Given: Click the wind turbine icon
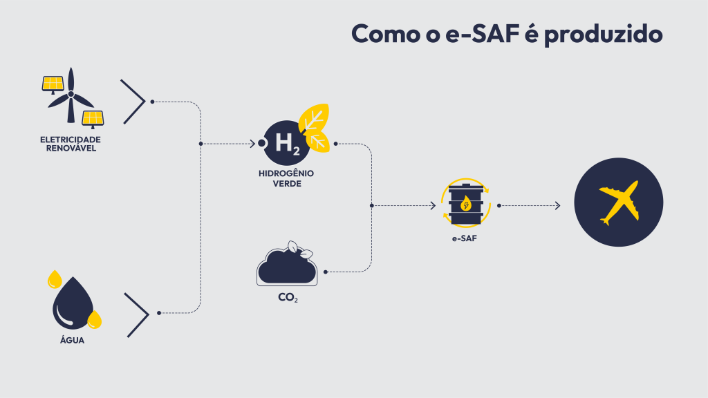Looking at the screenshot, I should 70,97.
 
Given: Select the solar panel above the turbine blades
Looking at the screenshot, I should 53,84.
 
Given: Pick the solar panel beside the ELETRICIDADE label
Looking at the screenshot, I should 93,118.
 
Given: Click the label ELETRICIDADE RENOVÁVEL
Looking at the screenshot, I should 71,144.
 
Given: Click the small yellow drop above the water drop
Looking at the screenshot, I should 54,279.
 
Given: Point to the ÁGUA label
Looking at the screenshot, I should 72,340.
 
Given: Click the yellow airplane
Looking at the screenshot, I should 619,202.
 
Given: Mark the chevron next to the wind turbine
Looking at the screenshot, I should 133,102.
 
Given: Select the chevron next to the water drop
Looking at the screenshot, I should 137,315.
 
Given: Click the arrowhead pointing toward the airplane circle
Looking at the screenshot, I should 557,205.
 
